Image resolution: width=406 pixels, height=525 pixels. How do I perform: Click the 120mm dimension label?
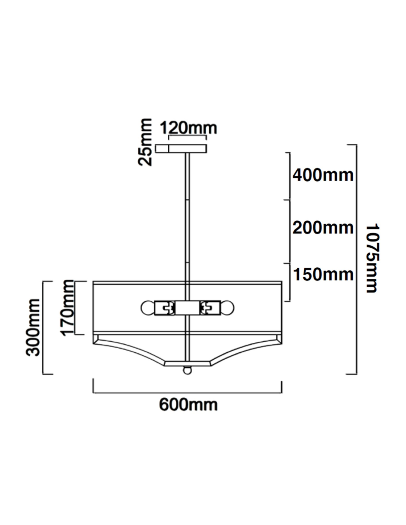[188, 128]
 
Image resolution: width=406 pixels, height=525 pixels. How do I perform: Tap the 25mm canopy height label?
[145, 142]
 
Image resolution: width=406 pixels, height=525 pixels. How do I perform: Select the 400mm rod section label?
[323, 175]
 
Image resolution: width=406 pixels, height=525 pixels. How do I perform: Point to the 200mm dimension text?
[323, 228]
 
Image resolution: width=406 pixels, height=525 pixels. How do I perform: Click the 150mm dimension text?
[323, 275]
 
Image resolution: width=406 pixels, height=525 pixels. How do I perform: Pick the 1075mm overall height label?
[372, 258]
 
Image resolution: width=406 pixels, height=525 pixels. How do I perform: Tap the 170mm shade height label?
[67, 307]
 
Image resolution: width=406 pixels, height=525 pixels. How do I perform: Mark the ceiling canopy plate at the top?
[181, 149]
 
